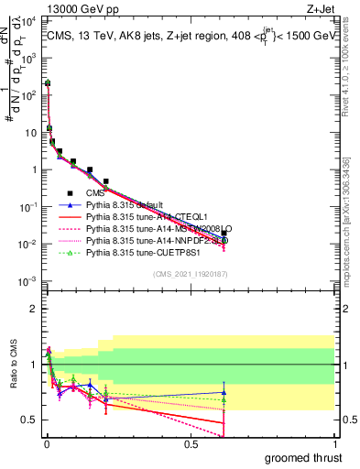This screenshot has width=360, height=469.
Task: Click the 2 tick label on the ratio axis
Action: click(x=33, y=309)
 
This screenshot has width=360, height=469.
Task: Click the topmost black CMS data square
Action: click(x=48, y=82)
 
